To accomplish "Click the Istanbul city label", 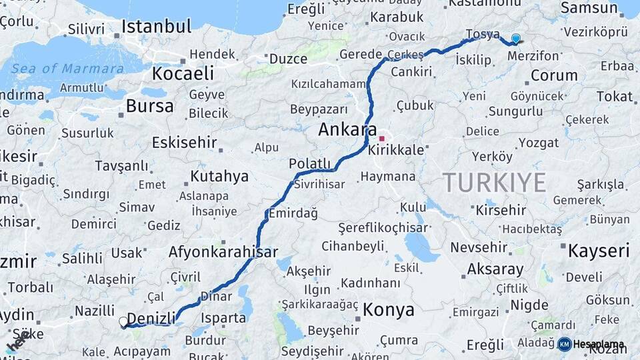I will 156,27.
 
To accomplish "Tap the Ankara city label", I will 347,129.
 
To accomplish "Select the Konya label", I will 389,310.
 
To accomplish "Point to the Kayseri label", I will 599,251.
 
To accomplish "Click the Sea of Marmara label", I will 67,69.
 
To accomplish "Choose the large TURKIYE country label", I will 494,182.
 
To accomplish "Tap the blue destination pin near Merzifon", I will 515,39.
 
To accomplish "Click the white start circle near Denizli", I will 123,322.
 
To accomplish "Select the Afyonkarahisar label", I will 223,252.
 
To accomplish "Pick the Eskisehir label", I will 185,142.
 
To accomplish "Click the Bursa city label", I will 149,106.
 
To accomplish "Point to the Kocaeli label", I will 183,73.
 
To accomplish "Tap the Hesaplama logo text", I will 599,345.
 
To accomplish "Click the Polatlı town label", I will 309,163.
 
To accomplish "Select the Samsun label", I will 589,8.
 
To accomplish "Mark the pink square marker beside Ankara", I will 381,139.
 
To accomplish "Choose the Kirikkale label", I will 396,150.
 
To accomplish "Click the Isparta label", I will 223,318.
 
